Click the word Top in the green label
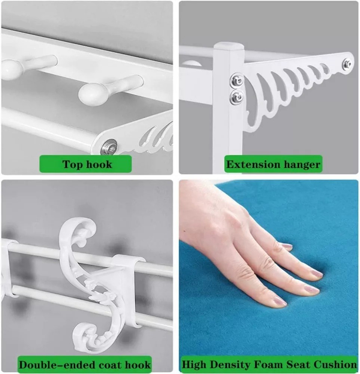[x=73, y=165]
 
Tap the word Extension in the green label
[x=250, y=165]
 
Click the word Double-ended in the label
[x=53, y=365]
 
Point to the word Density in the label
[x=230, y=364]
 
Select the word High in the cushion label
[x=194, y=365]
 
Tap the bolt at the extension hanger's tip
[x=347, y=64]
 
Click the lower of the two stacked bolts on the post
[x=237, y=96]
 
